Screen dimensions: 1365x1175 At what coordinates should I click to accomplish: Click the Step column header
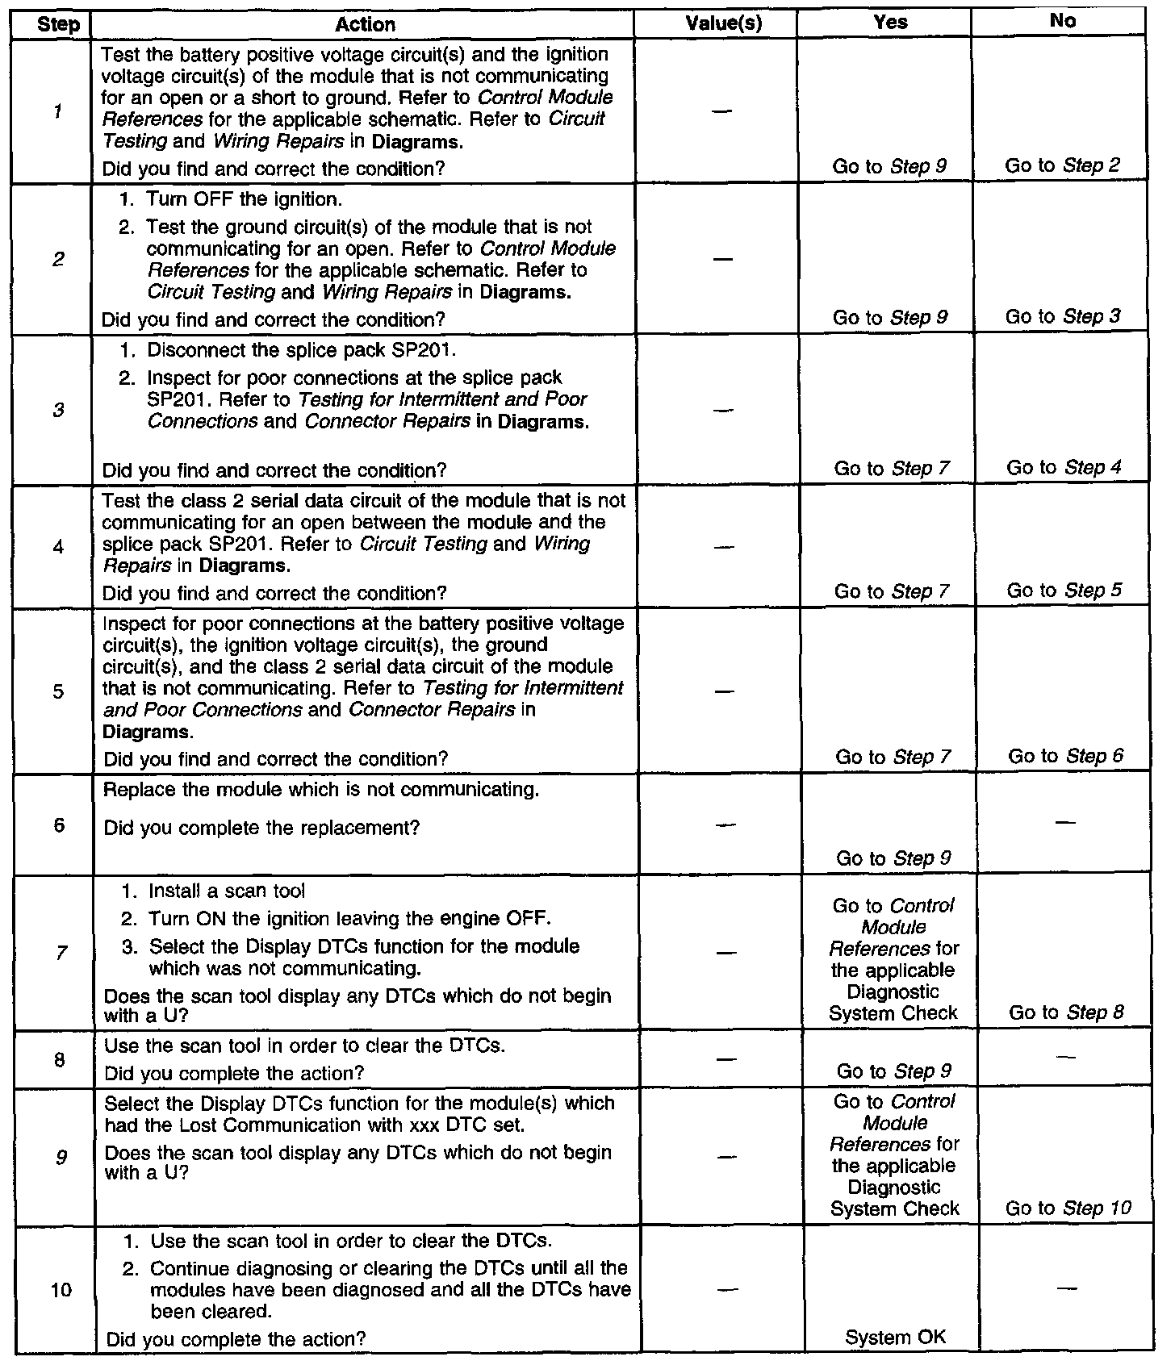click(x=59, y=25)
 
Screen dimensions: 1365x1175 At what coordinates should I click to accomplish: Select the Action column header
click(x=365, y=25)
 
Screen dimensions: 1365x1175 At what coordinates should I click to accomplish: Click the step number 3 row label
click(x=58, y=411)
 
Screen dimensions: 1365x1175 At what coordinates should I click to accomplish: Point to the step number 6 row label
click(x=59, y=825)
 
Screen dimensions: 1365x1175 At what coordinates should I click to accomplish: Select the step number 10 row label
click(x=61, y=1290)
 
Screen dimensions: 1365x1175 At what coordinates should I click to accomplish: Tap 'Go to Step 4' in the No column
click(x=1064, y=468)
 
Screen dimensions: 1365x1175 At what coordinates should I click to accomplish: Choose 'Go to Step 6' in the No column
click(x=1065, y=757)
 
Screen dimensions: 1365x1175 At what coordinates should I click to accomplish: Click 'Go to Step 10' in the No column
click(x=1068, y=1208)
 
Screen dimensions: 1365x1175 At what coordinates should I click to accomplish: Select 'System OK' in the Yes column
click(x=894, y=1338)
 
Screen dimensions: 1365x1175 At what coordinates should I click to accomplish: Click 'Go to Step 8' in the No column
click(x=1066, y=1012)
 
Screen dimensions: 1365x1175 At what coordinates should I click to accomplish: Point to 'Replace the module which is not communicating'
click(x=321, y=790)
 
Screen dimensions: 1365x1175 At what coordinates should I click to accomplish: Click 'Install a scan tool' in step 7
click(x=227, y=891)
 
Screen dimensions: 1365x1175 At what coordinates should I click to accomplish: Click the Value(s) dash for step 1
click(x=723, y=111)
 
